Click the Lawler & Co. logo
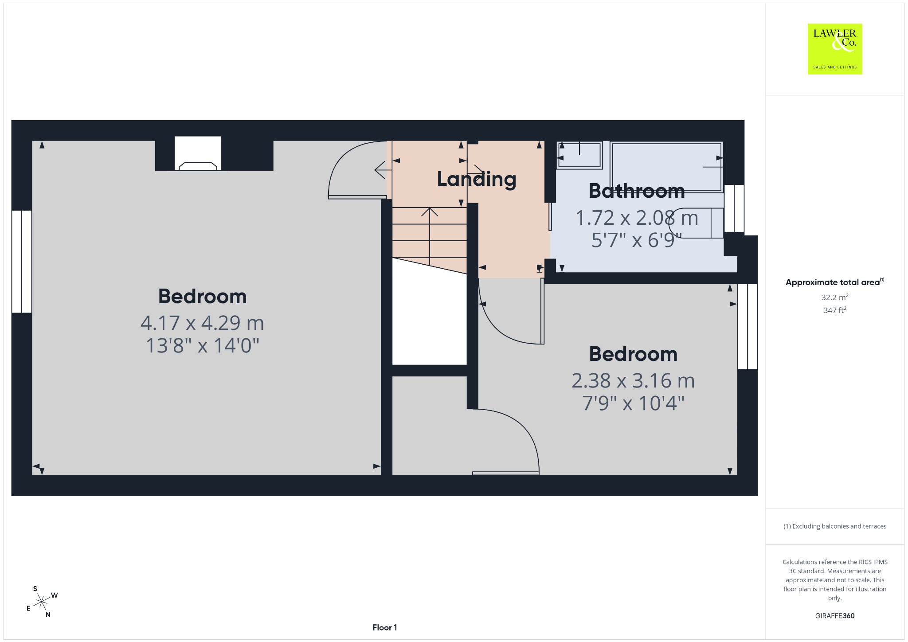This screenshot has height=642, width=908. click(x=834, y=49)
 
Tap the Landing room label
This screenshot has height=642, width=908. click(x=477, y=179)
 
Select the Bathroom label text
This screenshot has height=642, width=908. click(x=637, y=191)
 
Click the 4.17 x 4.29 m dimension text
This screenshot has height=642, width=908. click(x=202, y=323)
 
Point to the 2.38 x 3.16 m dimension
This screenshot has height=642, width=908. click(x=633, y=380)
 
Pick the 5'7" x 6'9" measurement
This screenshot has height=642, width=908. click(x=633, y=240)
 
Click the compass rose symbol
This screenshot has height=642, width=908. click(x=42, y=602)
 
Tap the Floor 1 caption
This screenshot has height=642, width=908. click(x=385, y=627)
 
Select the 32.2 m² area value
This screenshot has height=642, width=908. click(x=835, y=297)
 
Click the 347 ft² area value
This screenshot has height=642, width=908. click(x=835, y=310)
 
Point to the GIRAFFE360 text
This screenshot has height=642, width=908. click(x=835, y=615)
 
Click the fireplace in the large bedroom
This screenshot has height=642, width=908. click(x=198, y=153)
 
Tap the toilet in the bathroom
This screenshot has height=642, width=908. click(x=696, y=223)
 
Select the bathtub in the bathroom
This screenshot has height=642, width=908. click(x=666, y=167)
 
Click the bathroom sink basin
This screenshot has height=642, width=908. click(x=579, y=155)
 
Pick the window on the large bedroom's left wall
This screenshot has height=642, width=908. click(x=22, y=262)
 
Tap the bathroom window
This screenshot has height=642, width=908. click(x=734, y=208)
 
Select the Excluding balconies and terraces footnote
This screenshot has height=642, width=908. click(x=835, y=526)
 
